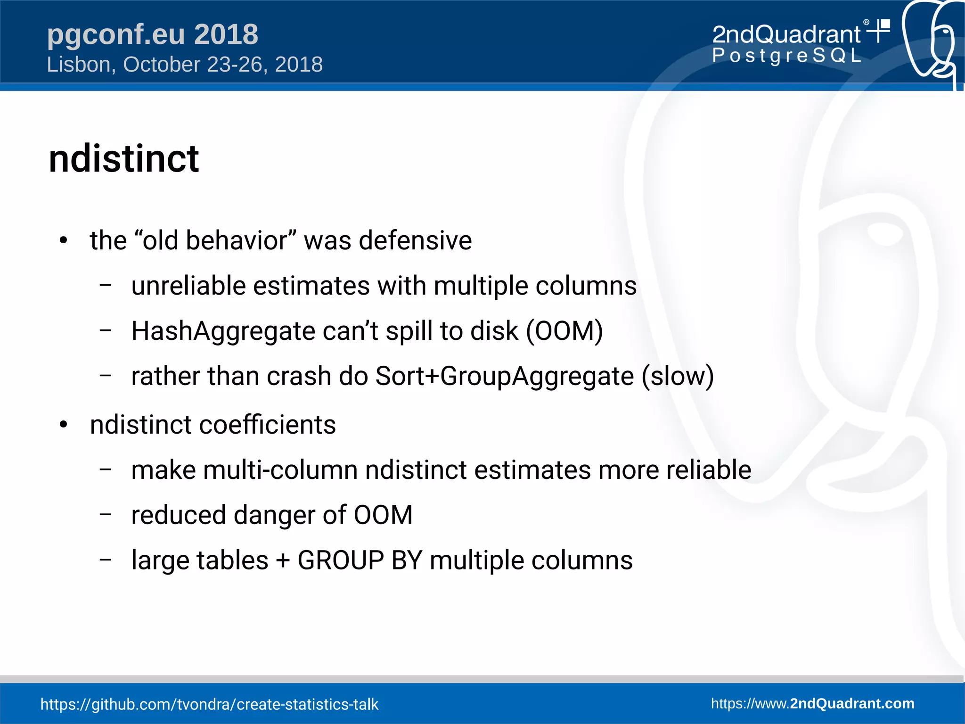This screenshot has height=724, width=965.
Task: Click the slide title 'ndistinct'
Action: tap(123, 159)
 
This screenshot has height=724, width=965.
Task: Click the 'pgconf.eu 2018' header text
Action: tap(152, 34)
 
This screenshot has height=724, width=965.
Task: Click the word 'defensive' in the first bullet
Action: tap(415, 241)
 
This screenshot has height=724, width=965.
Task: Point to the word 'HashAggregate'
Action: tap(223, 331)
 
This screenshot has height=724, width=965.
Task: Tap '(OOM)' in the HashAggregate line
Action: tap(564, 331)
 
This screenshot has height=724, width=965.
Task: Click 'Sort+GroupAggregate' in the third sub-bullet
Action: tap(504, 376)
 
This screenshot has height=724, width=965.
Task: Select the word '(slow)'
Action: tap(678, 376)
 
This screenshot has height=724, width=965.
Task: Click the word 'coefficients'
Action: tap(267, 425)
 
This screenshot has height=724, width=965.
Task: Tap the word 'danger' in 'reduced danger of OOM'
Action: tap(274, 515)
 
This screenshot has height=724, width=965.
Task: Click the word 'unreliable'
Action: tap(188, 286)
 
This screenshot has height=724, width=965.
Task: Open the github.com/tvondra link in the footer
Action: tap(209, 704)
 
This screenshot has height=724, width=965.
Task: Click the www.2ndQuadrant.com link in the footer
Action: tap(812, 703)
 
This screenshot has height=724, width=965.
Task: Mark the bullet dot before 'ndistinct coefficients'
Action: tap(64, 425)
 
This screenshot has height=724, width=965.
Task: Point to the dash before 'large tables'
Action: tap(106, 559)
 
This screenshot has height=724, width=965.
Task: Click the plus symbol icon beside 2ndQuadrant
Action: tap(879, 31)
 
